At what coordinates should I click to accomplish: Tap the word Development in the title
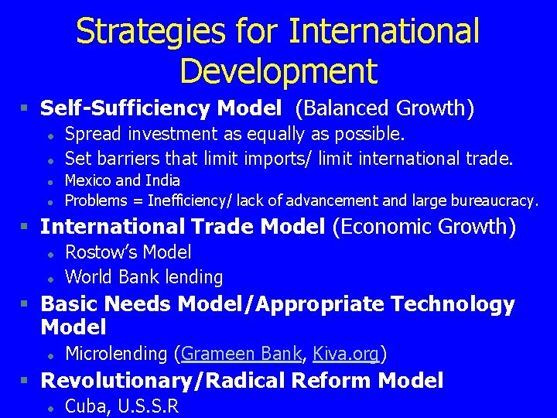(x=278, y=70)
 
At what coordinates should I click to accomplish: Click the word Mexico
(x=88, y=180)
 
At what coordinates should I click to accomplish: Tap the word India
(x=163, y=180)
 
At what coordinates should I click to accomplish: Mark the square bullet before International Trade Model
(x=26, y=228)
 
